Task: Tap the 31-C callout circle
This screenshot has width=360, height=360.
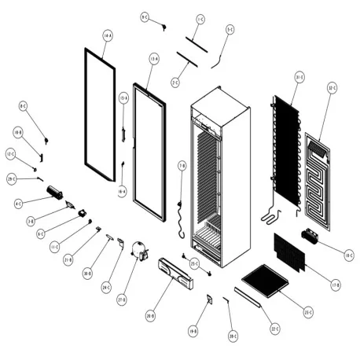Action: [x=299, y=76]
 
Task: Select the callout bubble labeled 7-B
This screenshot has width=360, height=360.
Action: [x=182, y=166]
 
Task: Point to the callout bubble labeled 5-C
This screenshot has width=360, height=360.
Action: [x=230, y=30]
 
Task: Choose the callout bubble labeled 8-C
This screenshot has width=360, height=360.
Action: [x=23, y=105]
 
